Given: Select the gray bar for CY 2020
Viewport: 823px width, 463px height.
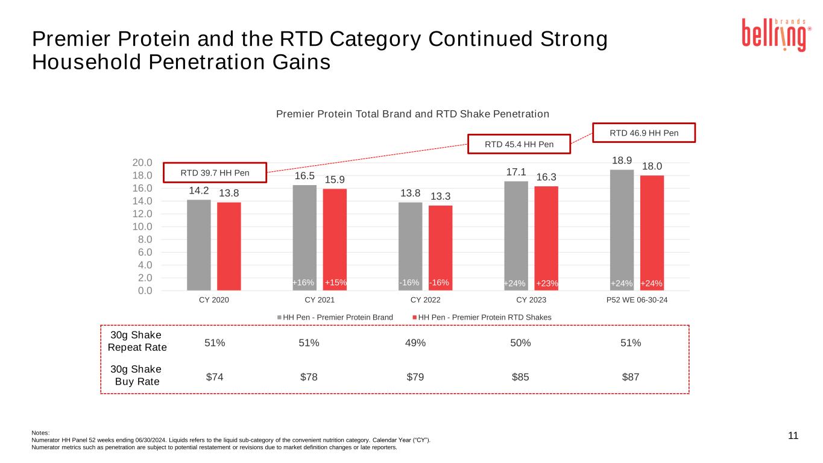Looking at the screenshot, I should pyautogui.click(x=199, y=245).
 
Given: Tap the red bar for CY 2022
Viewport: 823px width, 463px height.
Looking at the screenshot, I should pyautogui.click(x=441, y=248).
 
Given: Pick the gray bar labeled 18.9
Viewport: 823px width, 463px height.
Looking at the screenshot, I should pyautogui.click(x=622, y=230).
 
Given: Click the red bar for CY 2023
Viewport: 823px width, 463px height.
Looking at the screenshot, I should pyautogui.click(x=546, y=238).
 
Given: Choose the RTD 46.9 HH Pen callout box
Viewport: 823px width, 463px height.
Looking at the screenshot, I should pyautogui.click(x=645, y=133).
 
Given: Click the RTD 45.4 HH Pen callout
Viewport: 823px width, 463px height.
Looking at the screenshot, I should pyautogui.click(x=519, y=143).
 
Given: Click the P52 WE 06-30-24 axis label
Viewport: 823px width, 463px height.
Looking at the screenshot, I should pyautogui.click(x=637, y=300).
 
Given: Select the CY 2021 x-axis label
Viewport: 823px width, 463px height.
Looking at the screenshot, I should pyautogui.click(x=320, y=300).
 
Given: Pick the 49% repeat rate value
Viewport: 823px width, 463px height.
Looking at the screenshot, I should pyautogui.click(x=415, y=343).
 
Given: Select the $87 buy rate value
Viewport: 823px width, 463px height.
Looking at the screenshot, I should pyautogui.click(x=631, y=377).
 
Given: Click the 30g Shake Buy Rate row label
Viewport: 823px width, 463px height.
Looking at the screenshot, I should pyautogui.click(x=137, y=375).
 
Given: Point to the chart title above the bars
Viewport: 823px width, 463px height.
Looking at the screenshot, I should pyautogui.click(x=412, y=114).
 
